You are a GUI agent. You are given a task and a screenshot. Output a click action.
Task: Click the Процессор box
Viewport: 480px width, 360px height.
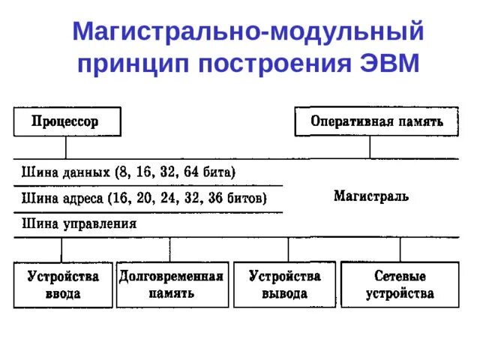pyautogui.click(x=65, y=121)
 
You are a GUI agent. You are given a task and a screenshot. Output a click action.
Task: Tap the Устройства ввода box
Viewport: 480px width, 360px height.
pyautogui.click(x=63, y=284)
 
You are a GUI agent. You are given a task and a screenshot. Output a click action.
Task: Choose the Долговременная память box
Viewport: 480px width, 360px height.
pyautogui.click(x=171, y=284)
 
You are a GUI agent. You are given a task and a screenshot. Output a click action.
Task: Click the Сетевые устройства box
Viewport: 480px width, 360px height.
pyautogui.click(x=399, y=284)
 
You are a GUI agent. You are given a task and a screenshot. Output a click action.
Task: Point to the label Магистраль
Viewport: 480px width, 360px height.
pyautogui.click(x=370, y=196)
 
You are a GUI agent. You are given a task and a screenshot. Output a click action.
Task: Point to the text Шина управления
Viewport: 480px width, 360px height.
pyautogui.click(x=79, y=223)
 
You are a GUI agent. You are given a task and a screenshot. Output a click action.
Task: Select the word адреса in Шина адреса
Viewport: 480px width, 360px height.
pyautogui.click(x=82, y=199)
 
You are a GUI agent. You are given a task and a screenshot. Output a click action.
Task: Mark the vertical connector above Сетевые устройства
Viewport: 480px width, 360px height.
pyautogui.click(x=400, y=249)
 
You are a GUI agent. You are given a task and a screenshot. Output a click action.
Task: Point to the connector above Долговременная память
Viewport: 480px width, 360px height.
pyautogui.click(x=169, y=249)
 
